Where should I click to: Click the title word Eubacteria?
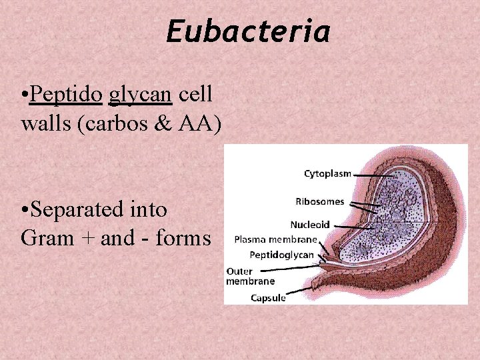pos(248,32)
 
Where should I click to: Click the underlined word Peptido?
pos(66,95)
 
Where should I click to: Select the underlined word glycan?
pos(140,95)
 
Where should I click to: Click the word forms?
pos(182,237)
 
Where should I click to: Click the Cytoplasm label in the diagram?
pos(327,174)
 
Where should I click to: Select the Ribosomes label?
pos(320,201)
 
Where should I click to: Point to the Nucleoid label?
pos(310,225)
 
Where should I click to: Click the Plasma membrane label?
pos(276,239)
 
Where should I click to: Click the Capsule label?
pos(268,298)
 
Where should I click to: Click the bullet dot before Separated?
pos(25,210)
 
